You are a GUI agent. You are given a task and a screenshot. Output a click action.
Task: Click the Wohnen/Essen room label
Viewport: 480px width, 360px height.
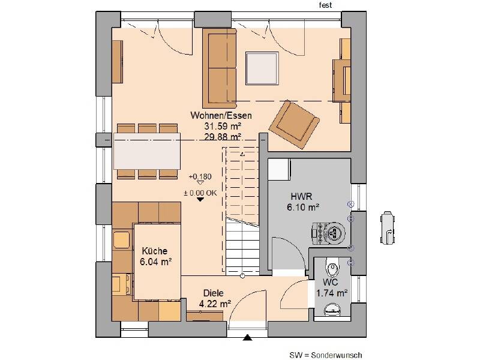point(221,115)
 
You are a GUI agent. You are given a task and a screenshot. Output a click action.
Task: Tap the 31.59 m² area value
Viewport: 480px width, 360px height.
point(223,126)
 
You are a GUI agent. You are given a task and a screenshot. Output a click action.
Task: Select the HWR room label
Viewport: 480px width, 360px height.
point(301,196)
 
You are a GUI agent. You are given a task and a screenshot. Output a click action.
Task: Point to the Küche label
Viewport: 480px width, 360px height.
point(155,251)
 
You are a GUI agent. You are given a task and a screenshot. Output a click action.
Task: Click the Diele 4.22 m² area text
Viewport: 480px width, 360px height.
point(215,304)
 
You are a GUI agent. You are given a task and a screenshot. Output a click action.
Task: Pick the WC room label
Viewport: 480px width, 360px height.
point(331,282)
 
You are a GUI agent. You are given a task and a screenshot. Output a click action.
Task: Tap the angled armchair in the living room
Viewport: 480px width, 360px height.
point(293,125)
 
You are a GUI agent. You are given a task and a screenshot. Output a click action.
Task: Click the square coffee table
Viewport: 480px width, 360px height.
point(262,68)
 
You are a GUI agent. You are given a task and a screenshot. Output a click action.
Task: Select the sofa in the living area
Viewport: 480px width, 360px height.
point(220,68)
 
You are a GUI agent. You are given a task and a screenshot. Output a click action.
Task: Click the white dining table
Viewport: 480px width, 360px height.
point(147,151)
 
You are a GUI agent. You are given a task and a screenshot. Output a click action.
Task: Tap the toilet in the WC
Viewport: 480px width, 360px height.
point(332,267)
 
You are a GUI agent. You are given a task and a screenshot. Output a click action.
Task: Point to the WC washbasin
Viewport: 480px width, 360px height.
point(332,310)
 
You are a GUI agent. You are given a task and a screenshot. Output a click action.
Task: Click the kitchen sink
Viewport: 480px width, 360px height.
point(122,240)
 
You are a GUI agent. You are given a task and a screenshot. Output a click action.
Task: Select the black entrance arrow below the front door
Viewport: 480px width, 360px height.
point(247,338)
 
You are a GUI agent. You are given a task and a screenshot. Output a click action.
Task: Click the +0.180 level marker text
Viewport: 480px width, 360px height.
point(200,176)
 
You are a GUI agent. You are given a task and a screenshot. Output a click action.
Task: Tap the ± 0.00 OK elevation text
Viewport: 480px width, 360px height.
point(200,193)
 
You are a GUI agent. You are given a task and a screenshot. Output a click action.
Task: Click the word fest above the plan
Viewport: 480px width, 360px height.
point(325,5)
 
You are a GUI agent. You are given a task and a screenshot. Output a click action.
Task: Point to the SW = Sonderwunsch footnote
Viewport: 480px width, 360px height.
point(326,355)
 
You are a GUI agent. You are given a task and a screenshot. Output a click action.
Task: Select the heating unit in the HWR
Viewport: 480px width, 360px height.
point(328,234)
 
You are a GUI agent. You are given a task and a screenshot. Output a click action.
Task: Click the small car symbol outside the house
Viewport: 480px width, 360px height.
point(388,228)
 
